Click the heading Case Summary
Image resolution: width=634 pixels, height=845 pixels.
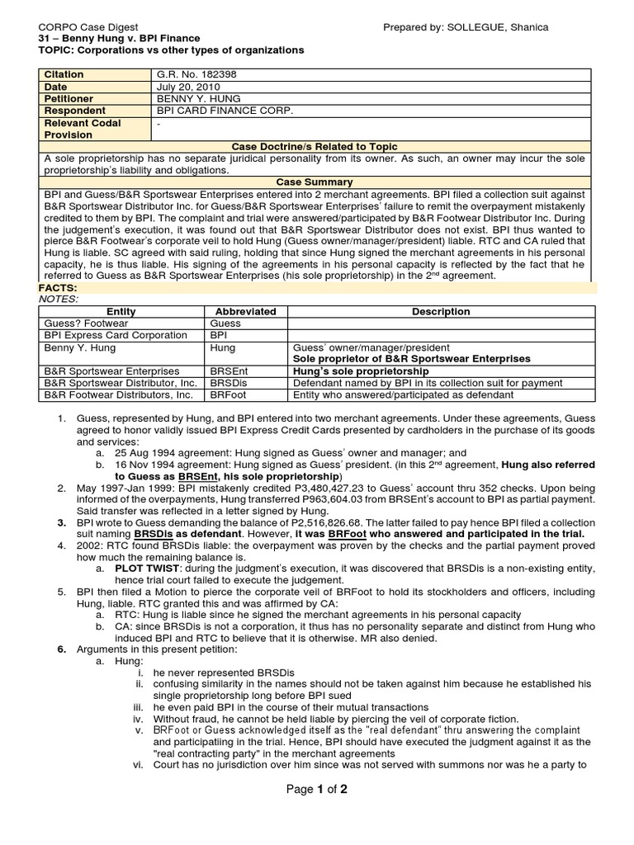[316, 182]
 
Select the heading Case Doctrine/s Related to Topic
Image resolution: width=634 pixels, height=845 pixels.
[316, 145]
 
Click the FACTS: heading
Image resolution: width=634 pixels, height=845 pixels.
[59, 287]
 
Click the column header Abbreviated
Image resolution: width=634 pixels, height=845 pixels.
[245, 312]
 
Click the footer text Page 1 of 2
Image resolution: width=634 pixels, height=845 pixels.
[316, 789]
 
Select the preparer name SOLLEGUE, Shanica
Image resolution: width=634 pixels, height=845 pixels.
[500, 27]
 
